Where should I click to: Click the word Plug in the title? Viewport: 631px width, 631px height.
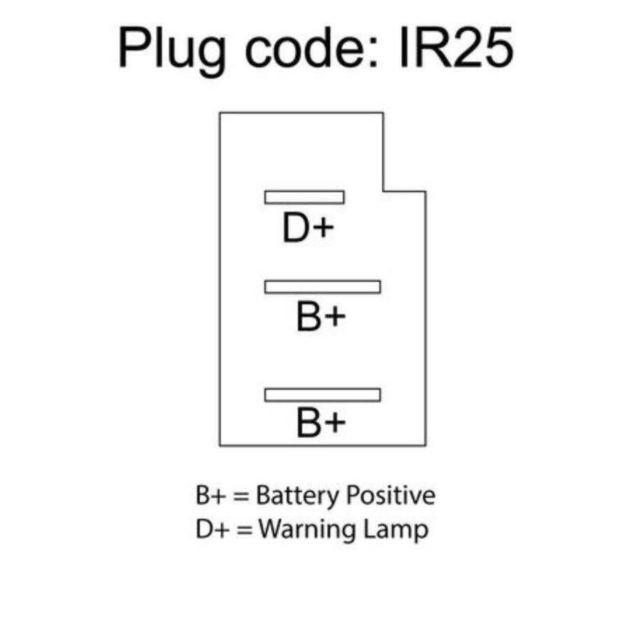tap(172, 51)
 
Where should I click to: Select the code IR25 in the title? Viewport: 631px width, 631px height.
tap(456, 47)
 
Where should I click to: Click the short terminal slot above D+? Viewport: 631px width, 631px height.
tap(304, 197)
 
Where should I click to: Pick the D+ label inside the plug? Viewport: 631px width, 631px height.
tap(308, 228)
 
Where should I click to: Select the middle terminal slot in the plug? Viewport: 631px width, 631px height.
tap(323, 287)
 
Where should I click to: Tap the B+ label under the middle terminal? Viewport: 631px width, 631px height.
tap(320, 317)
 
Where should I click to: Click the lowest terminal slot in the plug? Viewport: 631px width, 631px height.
tap(323, 395)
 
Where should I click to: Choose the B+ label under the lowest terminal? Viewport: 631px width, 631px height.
tap(320, 423)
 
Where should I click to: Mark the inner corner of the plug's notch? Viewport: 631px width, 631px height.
tap(383, 191)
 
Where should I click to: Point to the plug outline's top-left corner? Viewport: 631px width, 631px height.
tap(219, 113)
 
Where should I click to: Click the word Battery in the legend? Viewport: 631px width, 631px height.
tap(298, 496)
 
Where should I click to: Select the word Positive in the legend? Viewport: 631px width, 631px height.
tap(390, 495)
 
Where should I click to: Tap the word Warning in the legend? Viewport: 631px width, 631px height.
tap(308, 530)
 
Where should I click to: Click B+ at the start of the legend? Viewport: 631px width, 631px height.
tap(210, 496)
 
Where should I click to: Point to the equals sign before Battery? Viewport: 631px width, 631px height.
tap(241, 496)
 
